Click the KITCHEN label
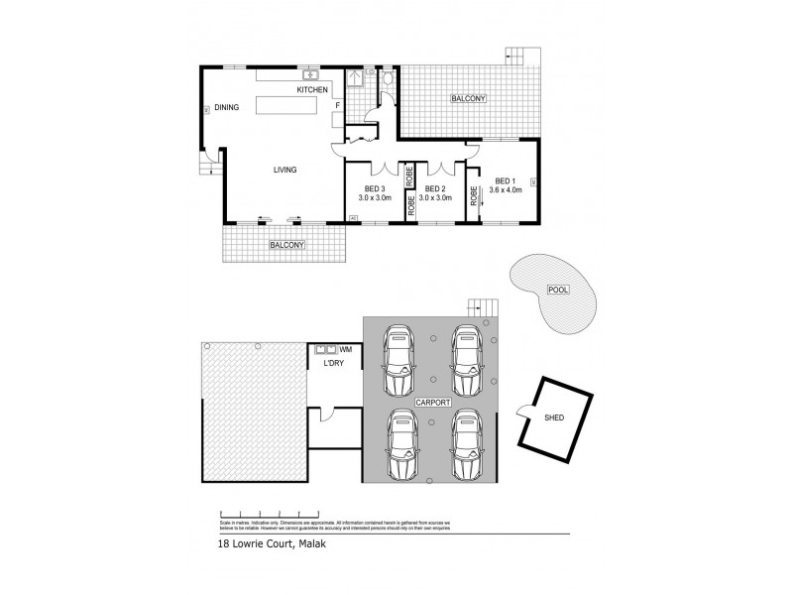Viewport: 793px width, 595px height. coord(312,90)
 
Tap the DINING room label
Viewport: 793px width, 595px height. coord(228,107)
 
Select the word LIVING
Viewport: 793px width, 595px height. coord(285,170)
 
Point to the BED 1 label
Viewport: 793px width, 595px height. coord(505,180)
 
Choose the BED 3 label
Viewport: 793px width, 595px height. coord(376,188)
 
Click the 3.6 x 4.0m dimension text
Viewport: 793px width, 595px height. coord(507,191)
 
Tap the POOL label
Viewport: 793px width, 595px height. coord(556,291)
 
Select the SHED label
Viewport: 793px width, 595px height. coord(554,417)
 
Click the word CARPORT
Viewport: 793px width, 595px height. coord(434,405)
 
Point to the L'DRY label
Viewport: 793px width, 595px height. coord(334,364)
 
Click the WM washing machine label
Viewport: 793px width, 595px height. coord(346,350)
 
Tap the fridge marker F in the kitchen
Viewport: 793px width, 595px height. coord(338,105)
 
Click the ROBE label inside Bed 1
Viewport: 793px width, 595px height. coord(475,195)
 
